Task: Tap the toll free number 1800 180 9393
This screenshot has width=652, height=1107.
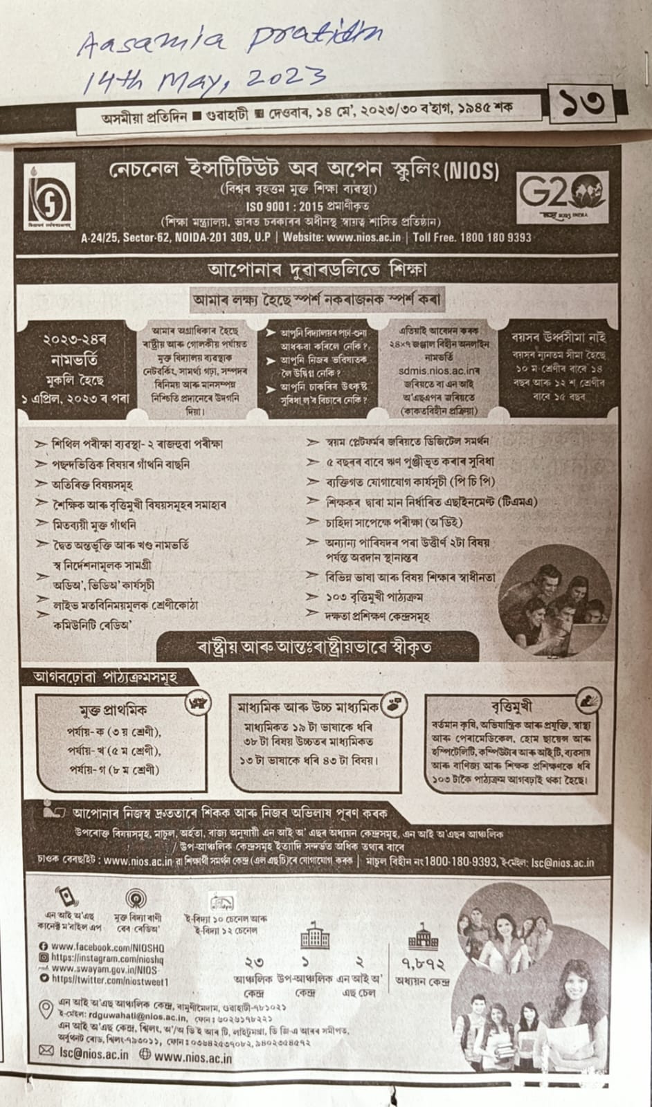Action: [x=492, y=237]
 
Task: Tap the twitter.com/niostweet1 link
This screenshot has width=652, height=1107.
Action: [x=111, y=980]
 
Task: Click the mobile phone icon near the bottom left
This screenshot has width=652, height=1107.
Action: [x=65, y=897]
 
